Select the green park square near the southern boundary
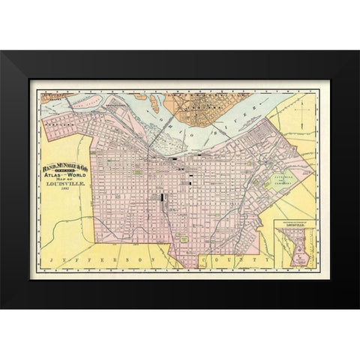click(x=184, y=238)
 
